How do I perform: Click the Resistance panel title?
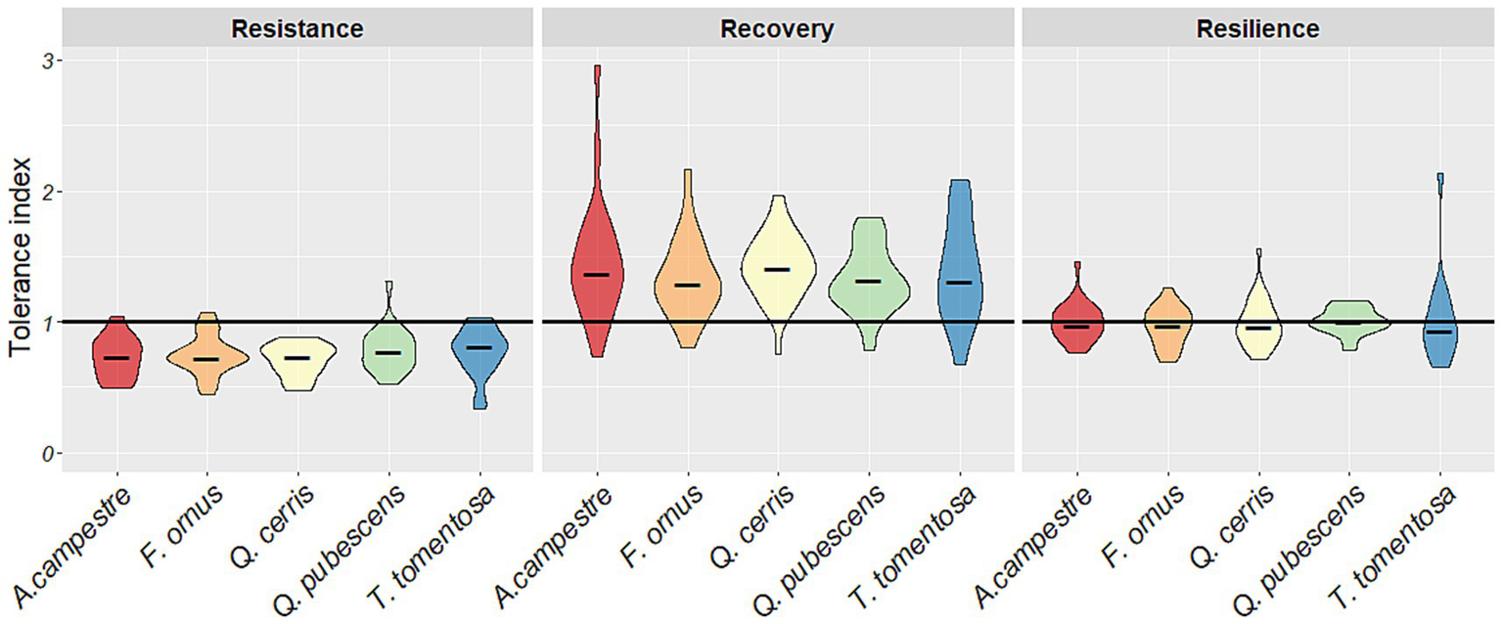pyautogui.click(x=296, y=29)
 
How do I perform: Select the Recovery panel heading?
pyautogui.click(x=777, y=29)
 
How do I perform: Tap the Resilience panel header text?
pyautogui.click(x=1257, y=29)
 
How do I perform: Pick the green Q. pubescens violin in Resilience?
pyautogui.click(x=1349, y=323)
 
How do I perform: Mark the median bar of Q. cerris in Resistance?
pyautogui.click(x=297, y=358)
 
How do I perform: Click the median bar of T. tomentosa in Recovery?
pyautogui.click(x=960, y=282)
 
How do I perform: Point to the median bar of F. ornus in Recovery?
pyautogui.click(x=688, y=285)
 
